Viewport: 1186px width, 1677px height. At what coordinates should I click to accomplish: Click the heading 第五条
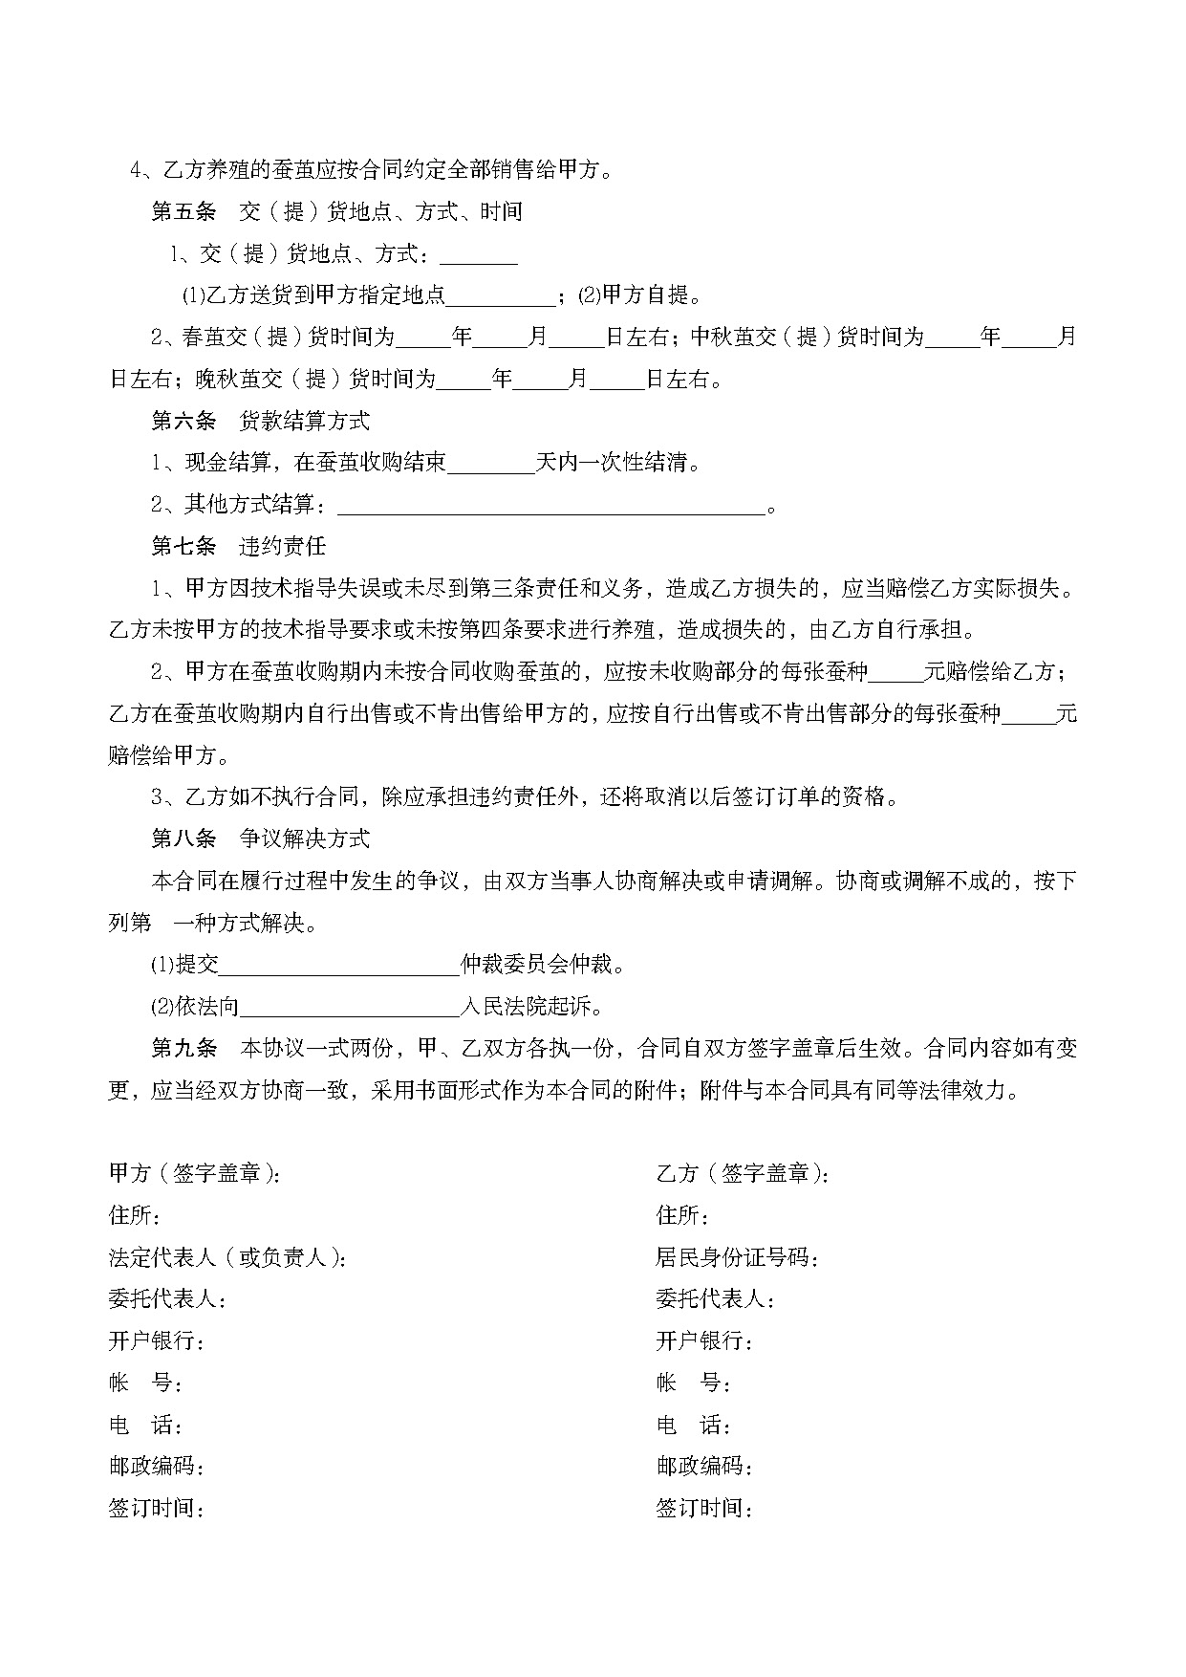(183, 211)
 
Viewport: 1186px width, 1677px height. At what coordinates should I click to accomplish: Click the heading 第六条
(183, 421)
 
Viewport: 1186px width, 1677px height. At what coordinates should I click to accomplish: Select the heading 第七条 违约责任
(239, 547)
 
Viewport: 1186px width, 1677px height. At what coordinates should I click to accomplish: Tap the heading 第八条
(183, 838)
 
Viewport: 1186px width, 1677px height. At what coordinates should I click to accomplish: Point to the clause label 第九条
(183, 1048)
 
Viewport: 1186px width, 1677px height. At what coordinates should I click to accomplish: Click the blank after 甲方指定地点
(501, 295)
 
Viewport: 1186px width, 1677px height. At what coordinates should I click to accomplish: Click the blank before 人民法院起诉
(350, 1007)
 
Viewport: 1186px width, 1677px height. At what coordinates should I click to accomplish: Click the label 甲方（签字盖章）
(195, 1173)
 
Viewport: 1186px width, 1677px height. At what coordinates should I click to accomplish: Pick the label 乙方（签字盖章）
(743, 1173)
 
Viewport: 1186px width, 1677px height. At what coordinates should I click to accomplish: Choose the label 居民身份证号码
(736, 1257)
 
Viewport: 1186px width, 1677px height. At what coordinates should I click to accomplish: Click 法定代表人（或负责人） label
(227, 1257)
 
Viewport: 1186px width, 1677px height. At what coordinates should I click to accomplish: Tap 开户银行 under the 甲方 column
(157, 1341)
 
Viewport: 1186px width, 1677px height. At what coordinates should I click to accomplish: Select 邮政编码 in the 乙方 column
(703, 1467)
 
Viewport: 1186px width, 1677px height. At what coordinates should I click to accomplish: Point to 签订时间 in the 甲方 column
(157, 1509)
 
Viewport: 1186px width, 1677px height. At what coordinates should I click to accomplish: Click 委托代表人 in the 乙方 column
(715, 1299)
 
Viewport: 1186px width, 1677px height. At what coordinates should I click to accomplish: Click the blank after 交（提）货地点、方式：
(478, 254)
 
